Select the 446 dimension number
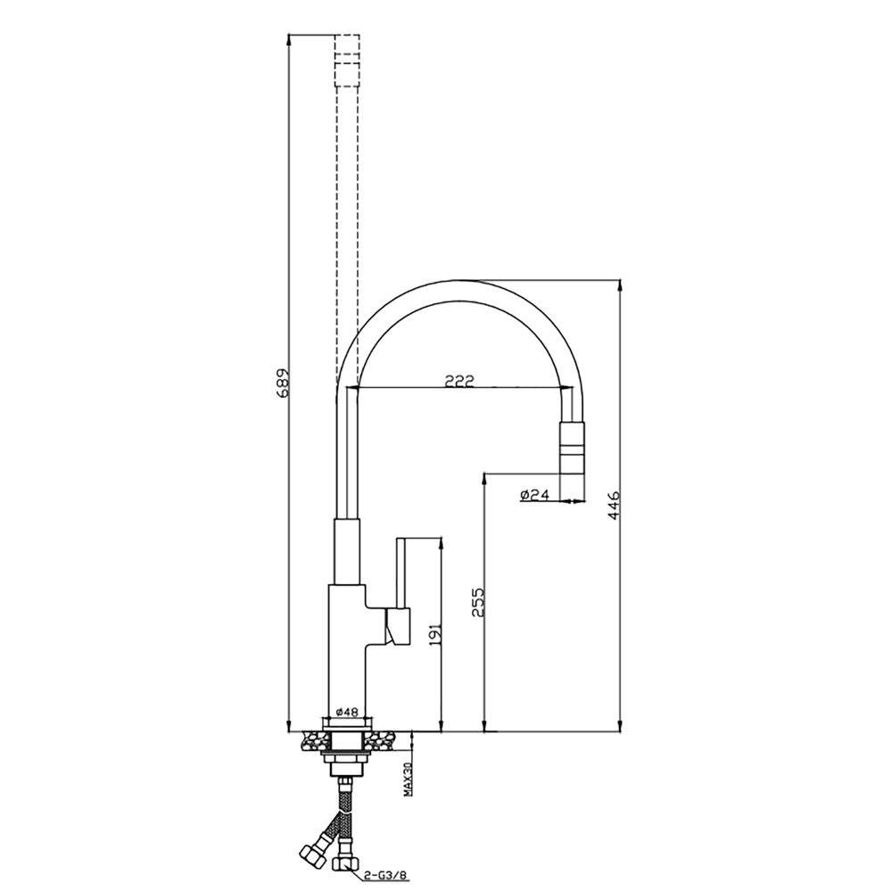[615, 505]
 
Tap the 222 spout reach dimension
[459, 381]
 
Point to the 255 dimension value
[478, 603]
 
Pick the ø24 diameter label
[534, 495]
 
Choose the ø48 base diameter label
[346, 712]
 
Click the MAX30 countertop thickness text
[408, 779]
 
